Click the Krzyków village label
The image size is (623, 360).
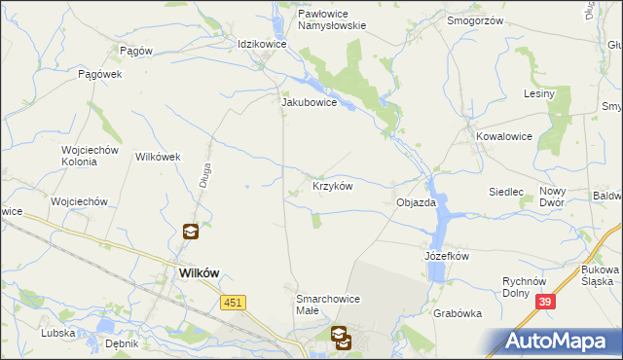tap(332, 185)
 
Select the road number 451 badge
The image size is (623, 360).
tap(233, 304)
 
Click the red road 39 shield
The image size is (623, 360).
tap(546, 304)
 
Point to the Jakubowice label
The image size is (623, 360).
tap(309, 101)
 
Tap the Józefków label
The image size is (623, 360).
tap(447, 256)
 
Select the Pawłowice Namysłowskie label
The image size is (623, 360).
tap(318, 20)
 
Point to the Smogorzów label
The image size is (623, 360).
tap(473, 19)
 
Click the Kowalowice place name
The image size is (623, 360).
tap(504, 137)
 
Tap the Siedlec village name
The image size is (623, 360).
tap(506, 193)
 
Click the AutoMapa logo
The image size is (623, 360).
tap(555, 342)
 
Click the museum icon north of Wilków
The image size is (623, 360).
tap(191, 232)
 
